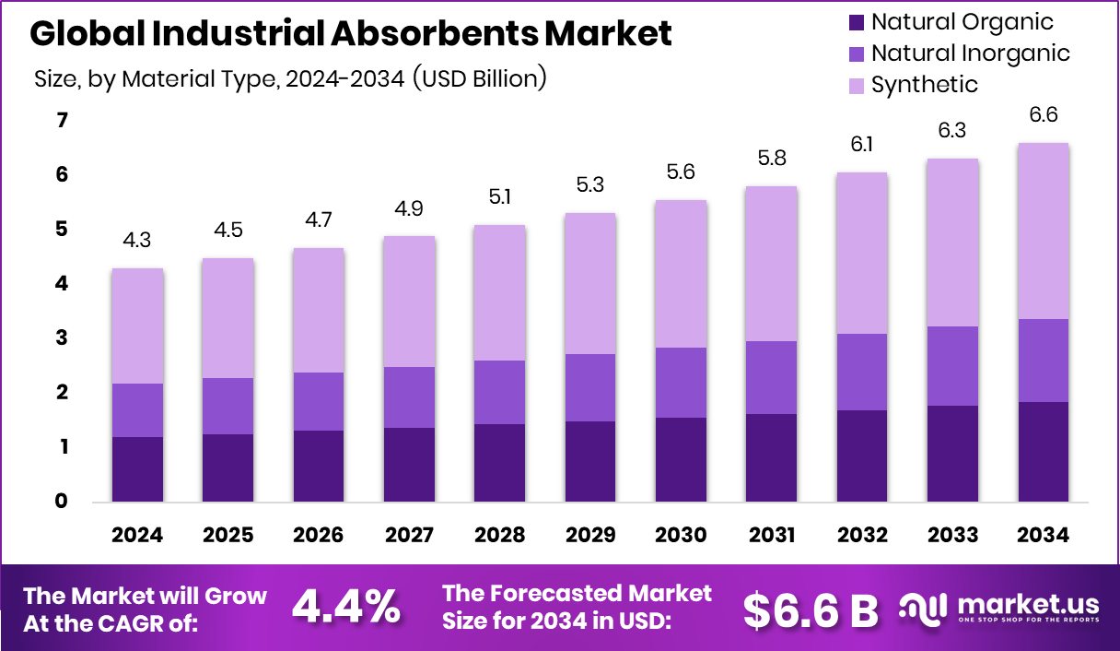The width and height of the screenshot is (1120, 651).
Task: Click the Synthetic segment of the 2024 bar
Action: [138, 325]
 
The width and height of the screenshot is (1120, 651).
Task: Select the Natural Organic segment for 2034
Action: [1043, 451]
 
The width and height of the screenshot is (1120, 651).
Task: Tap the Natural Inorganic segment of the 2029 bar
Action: [589, 387]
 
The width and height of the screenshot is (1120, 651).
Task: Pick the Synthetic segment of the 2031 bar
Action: [771, 264]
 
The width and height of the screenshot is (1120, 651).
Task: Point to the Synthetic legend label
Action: [924, 85]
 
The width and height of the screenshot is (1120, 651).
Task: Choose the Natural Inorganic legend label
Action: [970, 53]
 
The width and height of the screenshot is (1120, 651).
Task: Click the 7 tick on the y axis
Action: [62, 120]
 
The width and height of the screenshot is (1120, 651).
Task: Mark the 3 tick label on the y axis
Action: [62, 338]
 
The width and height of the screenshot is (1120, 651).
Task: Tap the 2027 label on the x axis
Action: [409, 536]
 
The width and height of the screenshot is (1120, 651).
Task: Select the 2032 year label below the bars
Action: [861, 536]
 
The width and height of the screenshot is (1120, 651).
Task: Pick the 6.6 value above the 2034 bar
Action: [1043, 115]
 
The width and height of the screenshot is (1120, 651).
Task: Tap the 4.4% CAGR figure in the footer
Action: [345, 607]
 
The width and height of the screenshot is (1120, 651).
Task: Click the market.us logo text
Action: [1028, 604]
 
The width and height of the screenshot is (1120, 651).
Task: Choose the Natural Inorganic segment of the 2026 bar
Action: [319, 401]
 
